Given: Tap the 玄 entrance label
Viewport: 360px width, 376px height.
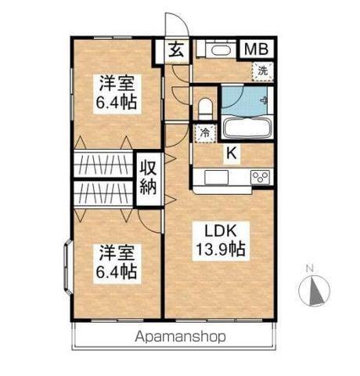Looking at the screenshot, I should [x=177, y=51].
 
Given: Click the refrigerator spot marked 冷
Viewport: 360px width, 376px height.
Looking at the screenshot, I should [x=205, y=132].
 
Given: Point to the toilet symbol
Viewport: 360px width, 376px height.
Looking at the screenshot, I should [x=206, y=106].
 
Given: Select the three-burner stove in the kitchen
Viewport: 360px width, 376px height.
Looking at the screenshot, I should [x=260, y=177].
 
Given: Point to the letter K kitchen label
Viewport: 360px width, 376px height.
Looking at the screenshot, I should [x=231, y=154].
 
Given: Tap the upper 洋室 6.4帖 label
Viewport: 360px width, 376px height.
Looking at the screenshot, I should [x=117, y=91].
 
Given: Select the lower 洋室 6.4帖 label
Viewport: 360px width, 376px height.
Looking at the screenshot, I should [x=117, y=262].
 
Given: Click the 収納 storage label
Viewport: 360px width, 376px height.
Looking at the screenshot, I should [x=148, y=176].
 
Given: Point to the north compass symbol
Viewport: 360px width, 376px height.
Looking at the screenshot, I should [x=314, y=289].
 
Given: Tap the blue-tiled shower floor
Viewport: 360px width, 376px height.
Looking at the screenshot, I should [x=244, y=99].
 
